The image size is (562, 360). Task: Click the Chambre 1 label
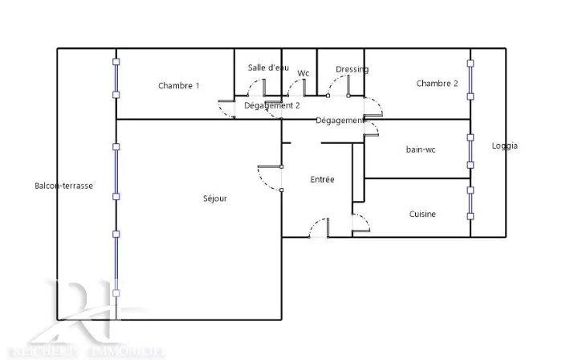[x=178, y=86]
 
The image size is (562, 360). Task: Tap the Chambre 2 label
[x=437, y=84]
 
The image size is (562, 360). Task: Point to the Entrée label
[x=322, y=179]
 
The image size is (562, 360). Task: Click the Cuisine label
[x=422, y=214]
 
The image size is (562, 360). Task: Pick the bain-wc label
[x=421, y=149]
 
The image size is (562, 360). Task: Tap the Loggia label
[x=505, y=145]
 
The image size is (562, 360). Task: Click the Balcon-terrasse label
[x=63, y=186]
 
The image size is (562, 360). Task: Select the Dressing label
[x=352, y=69]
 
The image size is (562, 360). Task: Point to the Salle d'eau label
[x=267, y=67]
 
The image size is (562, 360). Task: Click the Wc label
[x=303, y=73]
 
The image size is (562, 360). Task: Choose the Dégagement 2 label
[x=272, y=105]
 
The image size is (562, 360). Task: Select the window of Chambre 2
[x=470, y=78]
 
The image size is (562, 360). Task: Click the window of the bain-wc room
[x=470, y=149]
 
